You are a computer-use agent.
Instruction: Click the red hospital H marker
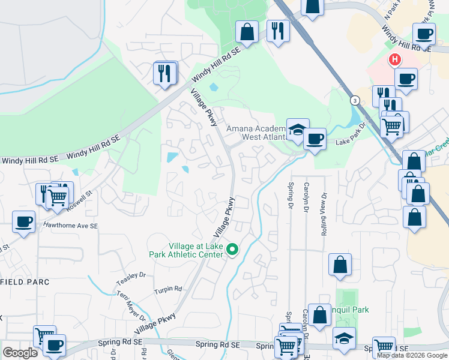click(x=395, y=60)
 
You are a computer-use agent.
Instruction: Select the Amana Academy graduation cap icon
click(x=297, y=129)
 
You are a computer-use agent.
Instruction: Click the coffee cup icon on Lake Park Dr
click(x=315, y=139)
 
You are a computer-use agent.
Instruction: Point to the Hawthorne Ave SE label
click(x=70, y=226)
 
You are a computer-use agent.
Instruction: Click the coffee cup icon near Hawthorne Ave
click(x=24, y=221)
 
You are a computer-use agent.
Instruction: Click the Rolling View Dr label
click(x=324, y=214)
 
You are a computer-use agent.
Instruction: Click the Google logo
click(x=20, y=353)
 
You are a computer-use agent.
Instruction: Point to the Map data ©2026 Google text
click(x=412, y=355)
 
